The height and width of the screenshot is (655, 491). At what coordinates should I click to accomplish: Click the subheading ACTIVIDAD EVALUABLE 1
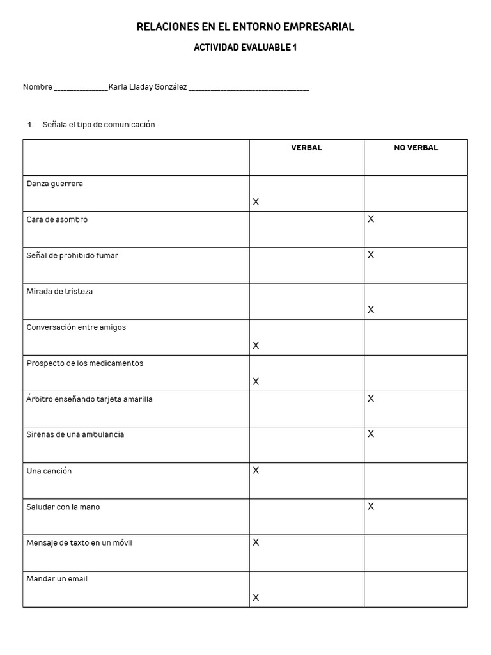click(245, 47)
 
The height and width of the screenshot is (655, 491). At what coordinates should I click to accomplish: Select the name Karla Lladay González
click(148, 87)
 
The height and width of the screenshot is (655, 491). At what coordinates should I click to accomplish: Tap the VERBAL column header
click(307, 148)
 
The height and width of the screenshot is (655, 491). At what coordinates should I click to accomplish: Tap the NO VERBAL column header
click(416, 148)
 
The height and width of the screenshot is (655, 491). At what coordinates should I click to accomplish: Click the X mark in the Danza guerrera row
click(256, 202)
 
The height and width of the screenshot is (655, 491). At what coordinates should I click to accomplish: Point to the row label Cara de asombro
click(57, 219)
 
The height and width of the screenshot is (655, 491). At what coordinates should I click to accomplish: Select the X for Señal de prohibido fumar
click(371, 255)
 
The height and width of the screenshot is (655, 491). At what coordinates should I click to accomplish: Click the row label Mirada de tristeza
click(59, 291)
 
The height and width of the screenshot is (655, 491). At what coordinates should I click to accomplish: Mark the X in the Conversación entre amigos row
click(256, 345)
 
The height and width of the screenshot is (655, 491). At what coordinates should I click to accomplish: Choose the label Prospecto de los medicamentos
click(84, 363)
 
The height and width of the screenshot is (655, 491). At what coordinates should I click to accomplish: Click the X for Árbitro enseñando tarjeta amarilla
click(371, 399)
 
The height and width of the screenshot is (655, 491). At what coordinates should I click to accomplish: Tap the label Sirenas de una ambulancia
click(75, 434)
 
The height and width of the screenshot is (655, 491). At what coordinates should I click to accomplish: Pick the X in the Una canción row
click(256, 471)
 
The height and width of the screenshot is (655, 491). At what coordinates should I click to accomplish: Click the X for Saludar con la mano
click(371, 507)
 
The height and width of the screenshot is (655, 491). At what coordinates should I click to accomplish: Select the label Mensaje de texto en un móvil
click(79, 543)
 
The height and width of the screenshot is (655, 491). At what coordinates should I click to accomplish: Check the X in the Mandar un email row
click(256, 597)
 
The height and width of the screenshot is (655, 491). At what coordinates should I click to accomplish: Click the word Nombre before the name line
click(37, 87)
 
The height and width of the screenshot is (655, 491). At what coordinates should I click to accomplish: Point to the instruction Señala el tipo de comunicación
click(98, 125)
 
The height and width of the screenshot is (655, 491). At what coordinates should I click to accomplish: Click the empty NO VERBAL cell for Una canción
click(416, 481)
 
